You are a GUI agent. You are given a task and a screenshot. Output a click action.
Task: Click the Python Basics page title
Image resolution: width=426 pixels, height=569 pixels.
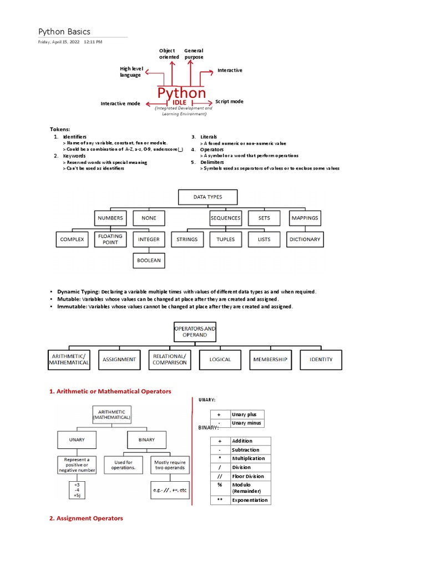(64, 32)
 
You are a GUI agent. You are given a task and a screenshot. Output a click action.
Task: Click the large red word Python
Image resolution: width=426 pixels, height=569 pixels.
(181, 93)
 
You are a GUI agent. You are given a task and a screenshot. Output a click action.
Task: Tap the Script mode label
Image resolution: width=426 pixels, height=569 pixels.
(229, 102)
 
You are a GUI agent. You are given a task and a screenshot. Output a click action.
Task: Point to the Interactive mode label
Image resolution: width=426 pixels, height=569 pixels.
(120, 103)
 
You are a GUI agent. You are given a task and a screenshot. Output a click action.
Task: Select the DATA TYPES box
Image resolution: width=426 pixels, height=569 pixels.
(207, 197)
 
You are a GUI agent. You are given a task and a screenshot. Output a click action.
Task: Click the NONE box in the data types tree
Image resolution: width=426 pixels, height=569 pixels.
(149, 218)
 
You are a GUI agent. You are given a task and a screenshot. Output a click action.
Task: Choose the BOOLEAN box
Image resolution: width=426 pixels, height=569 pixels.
(149, 260)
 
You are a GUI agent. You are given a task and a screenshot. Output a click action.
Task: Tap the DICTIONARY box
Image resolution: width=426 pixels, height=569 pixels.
(305, 239)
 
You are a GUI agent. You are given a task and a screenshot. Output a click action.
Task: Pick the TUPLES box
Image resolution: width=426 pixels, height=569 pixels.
(226, 239)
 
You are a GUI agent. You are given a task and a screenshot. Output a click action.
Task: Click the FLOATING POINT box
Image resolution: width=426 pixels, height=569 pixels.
(110, 239)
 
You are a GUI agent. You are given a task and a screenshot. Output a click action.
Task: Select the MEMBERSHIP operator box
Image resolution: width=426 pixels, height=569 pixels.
(270, 360)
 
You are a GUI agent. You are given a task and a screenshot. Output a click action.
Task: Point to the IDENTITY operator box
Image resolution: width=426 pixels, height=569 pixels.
(321, 360)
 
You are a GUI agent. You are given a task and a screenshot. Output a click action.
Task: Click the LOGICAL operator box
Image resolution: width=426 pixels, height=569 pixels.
(220, 360)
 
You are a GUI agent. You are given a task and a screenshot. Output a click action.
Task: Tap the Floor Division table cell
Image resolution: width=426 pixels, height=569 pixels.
(248, 476)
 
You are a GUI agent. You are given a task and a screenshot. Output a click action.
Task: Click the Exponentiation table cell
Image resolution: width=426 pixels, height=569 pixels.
(250, 500)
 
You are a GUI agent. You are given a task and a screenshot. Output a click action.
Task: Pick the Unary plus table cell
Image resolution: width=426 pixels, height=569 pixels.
(247, 415)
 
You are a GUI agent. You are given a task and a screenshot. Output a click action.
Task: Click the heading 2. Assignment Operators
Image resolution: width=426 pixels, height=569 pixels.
(86, 518)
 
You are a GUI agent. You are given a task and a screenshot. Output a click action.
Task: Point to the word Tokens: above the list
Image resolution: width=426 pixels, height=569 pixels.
(60, 129)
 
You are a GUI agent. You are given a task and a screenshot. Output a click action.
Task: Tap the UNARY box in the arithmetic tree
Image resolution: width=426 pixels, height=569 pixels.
(77, 440)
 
